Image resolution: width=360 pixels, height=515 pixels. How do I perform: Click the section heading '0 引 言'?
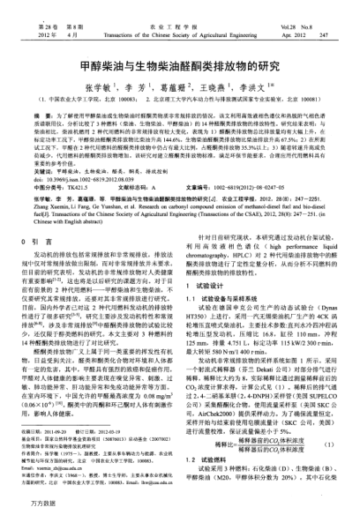[x=40, y=215]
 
